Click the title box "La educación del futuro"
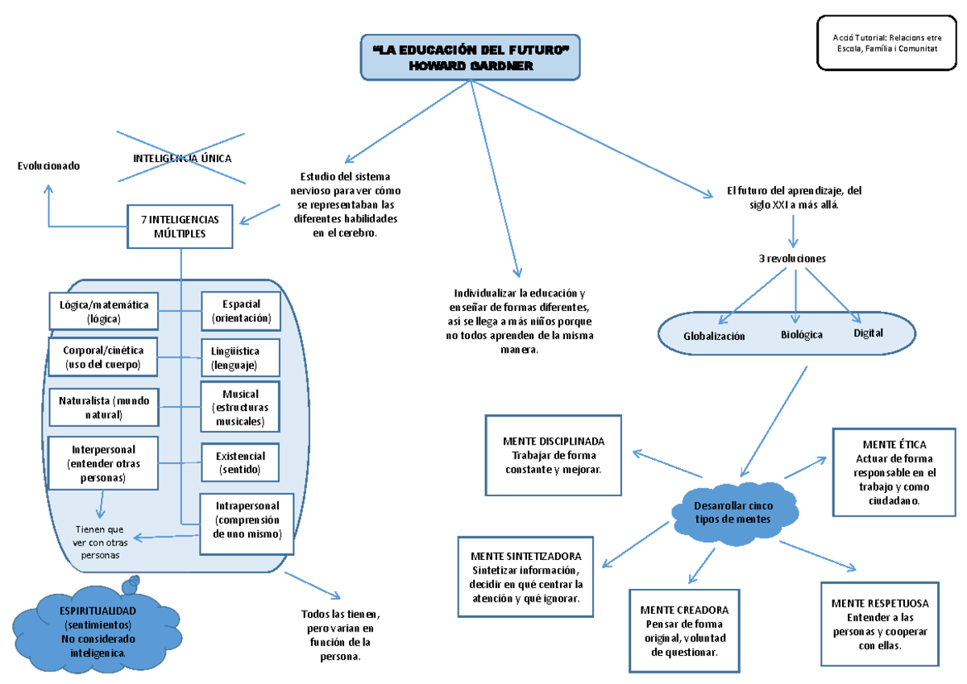[471, 58]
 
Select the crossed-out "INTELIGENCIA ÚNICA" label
[181, 159]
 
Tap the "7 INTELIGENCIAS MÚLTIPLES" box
[180, 226]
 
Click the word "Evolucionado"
[49, 165]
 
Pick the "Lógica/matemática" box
[103, 312]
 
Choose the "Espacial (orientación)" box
[241, 311]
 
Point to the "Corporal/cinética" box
[103, 358]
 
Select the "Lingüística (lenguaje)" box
[240, 358]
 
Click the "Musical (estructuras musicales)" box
[240, 408]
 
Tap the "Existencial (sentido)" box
[240, 462]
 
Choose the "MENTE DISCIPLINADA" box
[553, 455]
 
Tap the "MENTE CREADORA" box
[684, 631]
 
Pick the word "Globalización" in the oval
[714, 336]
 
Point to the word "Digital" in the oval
[868, 333]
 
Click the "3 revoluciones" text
[792, 259]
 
